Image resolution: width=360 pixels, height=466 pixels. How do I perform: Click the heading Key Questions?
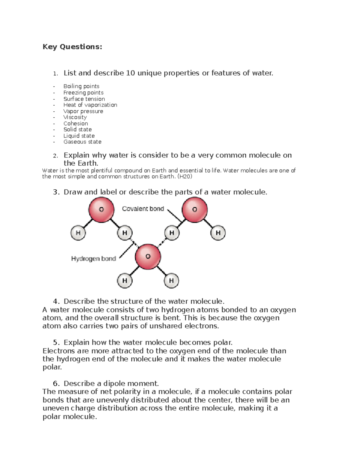72,47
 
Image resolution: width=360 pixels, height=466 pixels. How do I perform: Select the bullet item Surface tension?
84,99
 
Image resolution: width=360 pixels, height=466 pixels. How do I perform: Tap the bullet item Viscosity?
75,117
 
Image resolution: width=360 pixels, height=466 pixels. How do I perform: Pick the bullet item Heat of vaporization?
90,105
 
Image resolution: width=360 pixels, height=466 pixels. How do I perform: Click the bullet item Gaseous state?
82,142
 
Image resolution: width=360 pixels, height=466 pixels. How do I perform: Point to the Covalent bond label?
143,209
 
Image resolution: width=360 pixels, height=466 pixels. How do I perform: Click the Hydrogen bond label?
93,258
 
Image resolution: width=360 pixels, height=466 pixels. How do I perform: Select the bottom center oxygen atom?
148,257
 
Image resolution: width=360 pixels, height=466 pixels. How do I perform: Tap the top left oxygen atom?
101,210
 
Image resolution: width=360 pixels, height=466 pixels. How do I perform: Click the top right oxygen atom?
195,209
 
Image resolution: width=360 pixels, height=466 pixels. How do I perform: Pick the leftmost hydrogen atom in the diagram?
78,233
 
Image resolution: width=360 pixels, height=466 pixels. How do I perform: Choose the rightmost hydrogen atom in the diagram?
218,233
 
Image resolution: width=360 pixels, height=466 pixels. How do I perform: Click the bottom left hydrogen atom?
124,281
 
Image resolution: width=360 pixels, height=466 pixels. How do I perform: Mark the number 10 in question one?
130,73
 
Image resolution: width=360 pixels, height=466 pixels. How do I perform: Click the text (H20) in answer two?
184,176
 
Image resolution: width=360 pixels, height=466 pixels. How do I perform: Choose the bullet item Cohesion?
76,123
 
